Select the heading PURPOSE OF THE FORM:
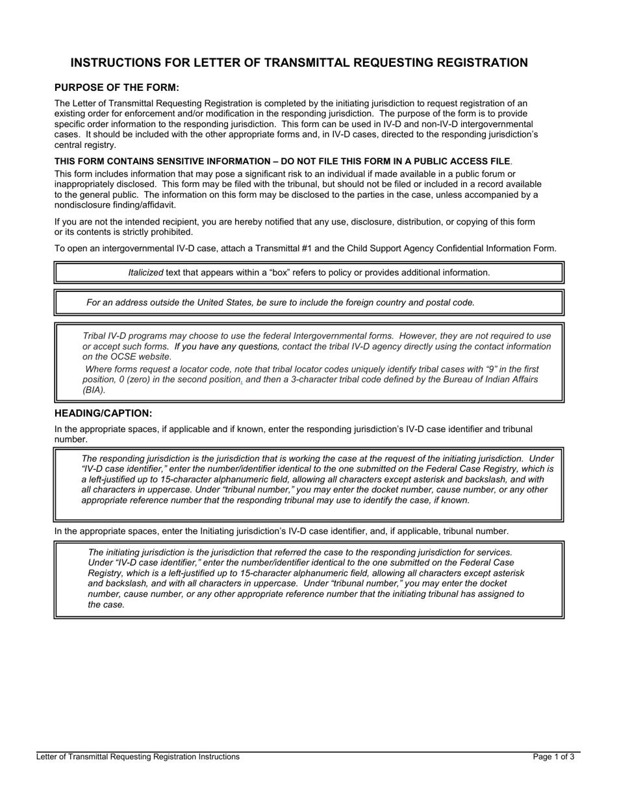click(x=117, y=88)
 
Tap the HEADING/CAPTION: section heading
click(x=103, y=413)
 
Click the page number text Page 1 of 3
click(x=553, y=756)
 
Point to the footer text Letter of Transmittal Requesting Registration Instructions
click(x=138, y=756)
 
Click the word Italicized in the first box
click(x=145, y=272)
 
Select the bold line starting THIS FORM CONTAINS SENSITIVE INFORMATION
click(x=283, y=161)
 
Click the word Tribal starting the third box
click(x=95, y=336)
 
